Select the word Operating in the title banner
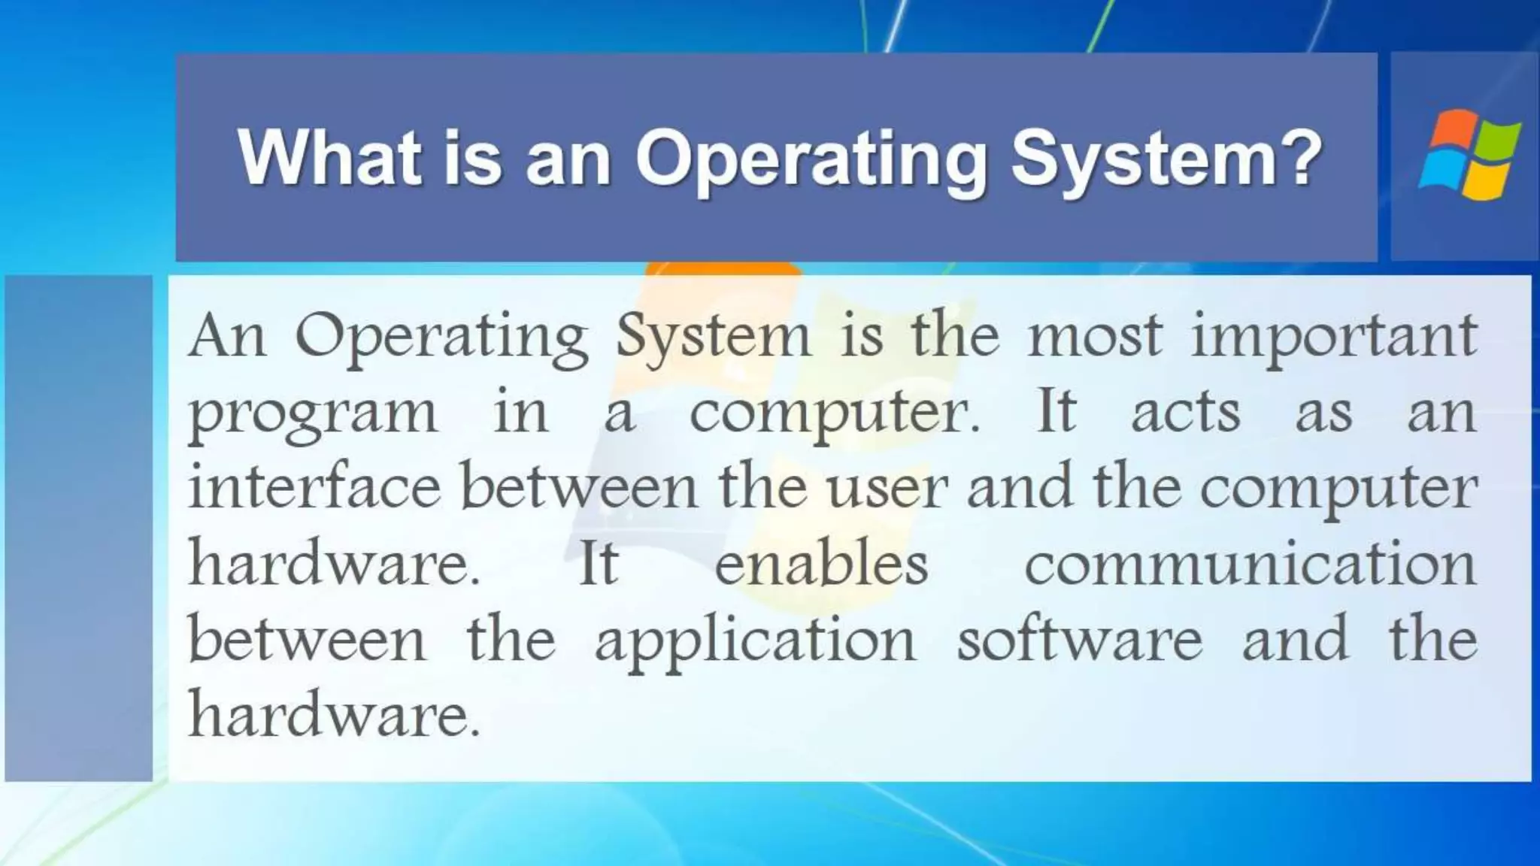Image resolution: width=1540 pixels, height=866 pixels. pos(811,159)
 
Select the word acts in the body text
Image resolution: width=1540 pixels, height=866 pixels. pos(1186,413)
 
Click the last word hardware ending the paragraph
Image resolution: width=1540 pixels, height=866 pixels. pos(332,714)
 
